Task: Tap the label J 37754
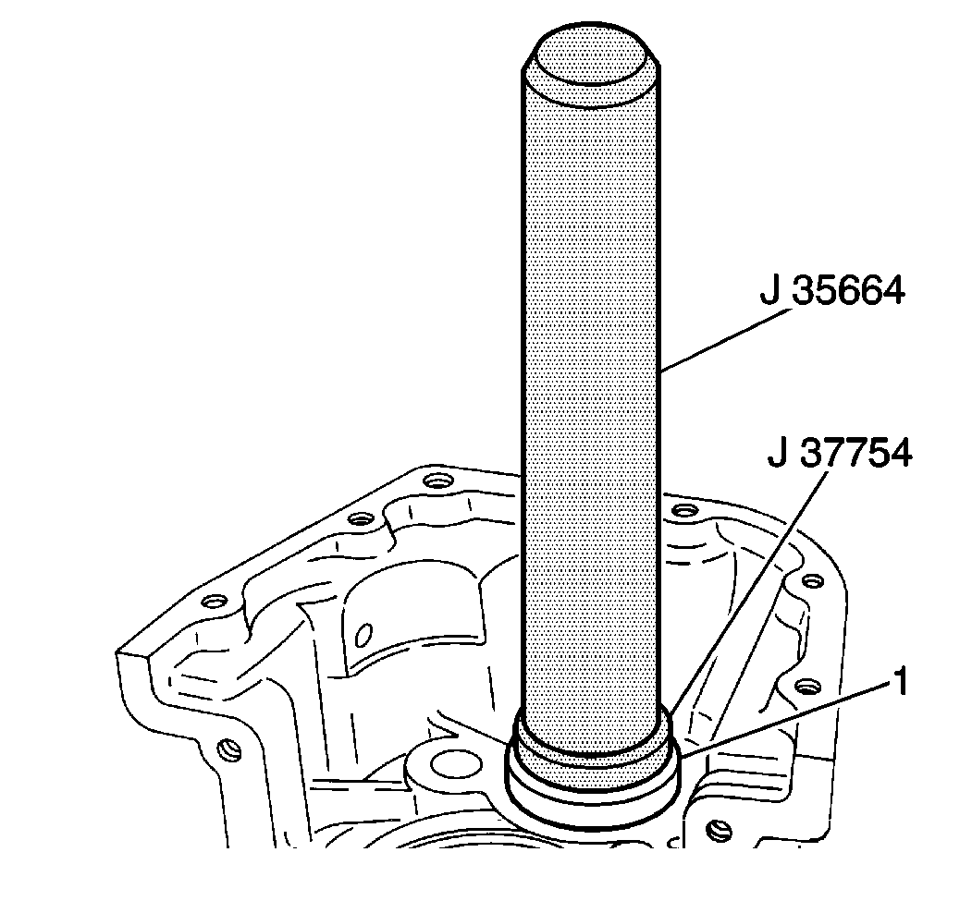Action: [x=839, y=455]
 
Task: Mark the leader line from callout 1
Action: [x=786, y=721]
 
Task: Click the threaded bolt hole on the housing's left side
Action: [x=222, y=747]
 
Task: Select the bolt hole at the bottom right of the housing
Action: [x=718, y=831]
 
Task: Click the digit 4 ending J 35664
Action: [x=891, y=292]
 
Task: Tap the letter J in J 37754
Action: [x=776, y=455]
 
